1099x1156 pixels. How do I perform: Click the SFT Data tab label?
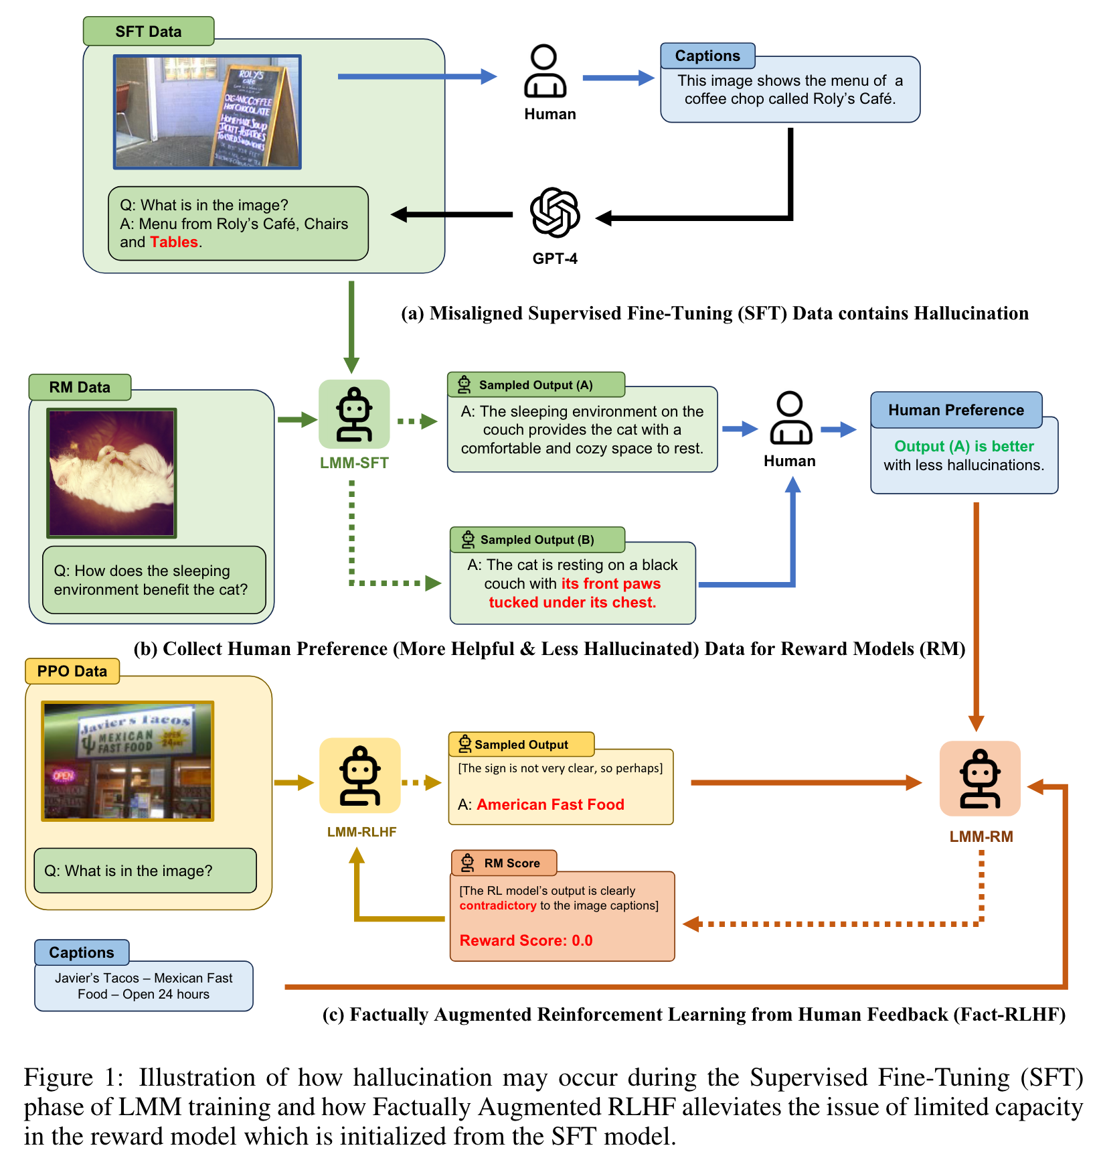pyautogui.click(x=149, y=31)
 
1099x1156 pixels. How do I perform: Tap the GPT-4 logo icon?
pyautogui.click(x=555, y=212)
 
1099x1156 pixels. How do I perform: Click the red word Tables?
pyautogui.click(x=174, y=242)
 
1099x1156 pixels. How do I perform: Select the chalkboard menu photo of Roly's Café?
pyautogui.click(x=207, y=112)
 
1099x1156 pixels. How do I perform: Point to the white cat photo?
pyautogui.click(x=112, y=473)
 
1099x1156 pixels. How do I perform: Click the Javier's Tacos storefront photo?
pyautogui.click(x=128, y=761)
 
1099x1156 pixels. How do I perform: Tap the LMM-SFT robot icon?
pyautogui.click(x=354, y=414)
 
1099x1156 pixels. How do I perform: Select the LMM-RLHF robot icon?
pyautogui.click(x=360, y=776)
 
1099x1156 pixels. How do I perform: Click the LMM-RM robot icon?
pyautogui.click(x=981, y=778)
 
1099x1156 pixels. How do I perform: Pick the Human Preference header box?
pyautogui.click(x=956, y=410)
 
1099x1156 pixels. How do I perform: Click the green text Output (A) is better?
pyautogui.click(x=964, y=446)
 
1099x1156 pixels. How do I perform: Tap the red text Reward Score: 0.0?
pyautogui.click(x=526, y=940)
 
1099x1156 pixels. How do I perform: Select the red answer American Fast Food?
pyautogui.click(x=550, y=804)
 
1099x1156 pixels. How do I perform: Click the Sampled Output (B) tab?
pyautogui.click(x=537, y=540)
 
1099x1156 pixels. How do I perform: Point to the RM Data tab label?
pyautogui.click(x=80, y=387)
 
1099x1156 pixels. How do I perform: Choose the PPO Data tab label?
pyautogui.click(x=72, y=671)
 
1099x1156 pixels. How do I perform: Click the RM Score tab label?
pyautogui.click(x=504, y=863)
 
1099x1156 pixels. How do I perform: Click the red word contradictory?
pyautogui.click(x=498, y=906)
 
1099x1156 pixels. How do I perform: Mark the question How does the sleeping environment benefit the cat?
pyautogui.click(x=151, y=580)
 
